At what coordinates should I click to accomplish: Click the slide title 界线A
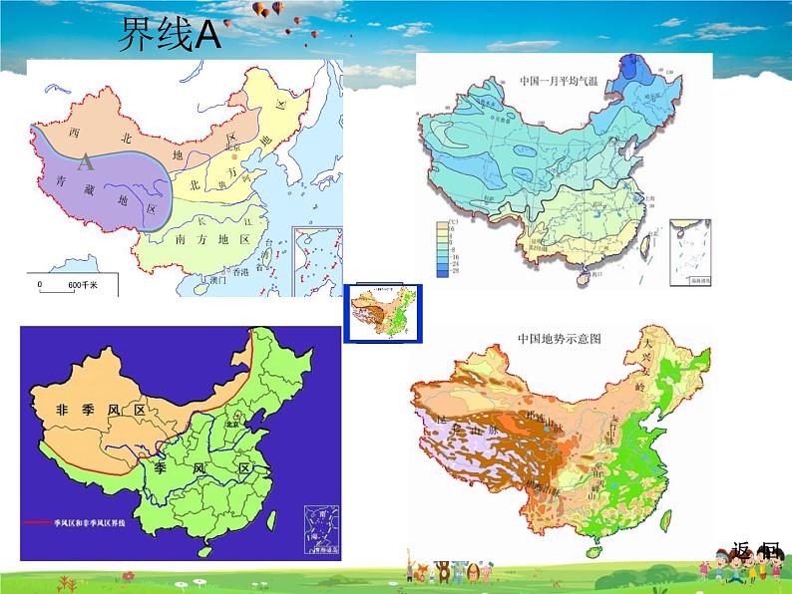point(167,37)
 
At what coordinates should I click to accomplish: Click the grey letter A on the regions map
point(87,162)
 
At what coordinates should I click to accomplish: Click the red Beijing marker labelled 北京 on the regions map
point(234,157)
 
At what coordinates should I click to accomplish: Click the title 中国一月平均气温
point(564,78)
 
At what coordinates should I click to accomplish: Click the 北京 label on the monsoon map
point(235,420)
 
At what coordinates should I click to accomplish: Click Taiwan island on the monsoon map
point(271,517)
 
